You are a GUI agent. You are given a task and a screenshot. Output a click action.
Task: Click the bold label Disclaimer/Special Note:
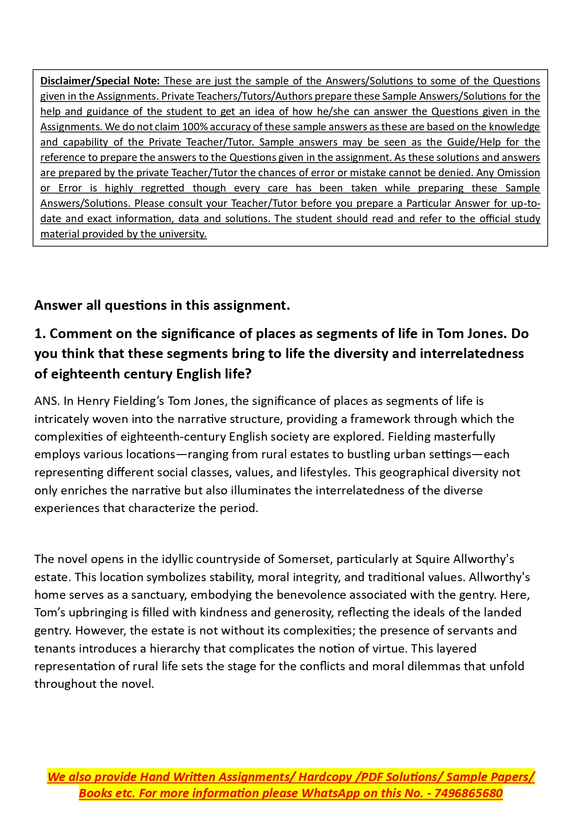[100, 81]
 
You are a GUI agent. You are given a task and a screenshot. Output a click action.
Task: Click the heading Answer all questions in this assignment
[162, 305]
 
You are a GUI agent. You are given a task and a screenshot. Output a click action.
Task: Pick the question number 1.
[39, 333]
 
